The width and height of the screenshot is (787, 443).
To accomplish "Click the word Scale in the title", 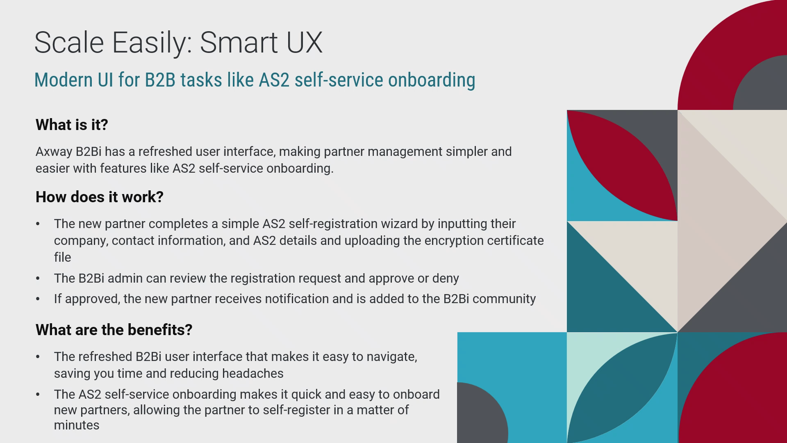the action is (x=69, y=42).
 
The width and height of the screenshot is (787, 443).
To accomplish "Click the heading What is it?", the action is (x=72, y=125).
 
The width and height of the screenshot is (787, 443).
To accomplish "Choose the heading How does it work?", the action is (x=100, y=197).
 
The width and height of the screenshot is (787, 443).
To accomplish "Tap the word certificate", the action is (x=515, y=240).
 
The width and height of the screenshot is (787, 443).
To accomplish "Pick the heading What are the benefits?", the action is (x=114, y=330).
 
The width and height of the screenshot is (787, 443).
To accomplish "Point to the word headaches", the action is (x=253, y=373).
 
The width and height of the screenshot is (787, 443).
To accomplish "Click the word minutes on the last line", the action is (x=77, y=425).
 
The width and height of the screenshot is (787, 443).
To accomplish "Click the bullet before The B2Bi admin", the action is (x=38, y=279).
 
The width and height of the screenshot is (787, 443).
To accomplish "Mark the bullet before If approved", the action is (x=38, y=299).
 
